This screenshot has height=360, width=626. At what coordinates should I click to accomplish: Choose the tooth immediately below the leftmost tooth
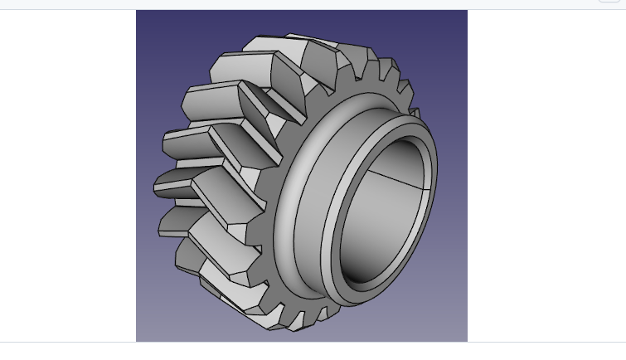[178, 221]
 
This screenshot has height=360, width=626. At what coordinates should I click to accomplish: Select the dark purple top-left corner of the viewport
[143, 17]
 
